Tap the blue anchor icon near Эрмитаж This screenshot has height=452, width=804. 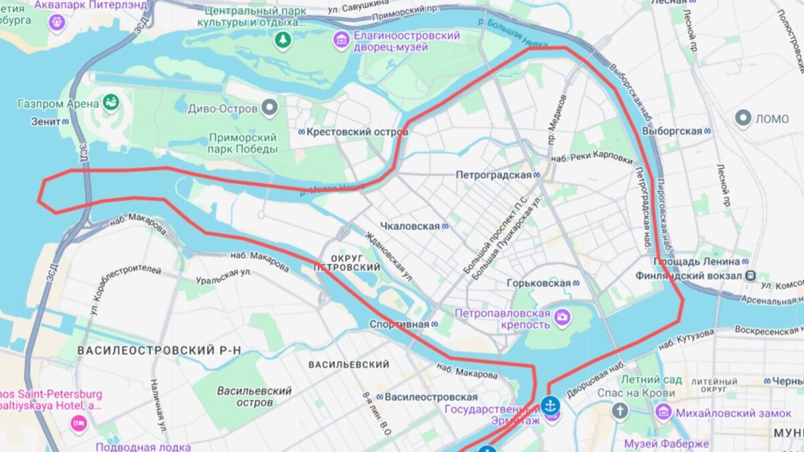click(550, 405)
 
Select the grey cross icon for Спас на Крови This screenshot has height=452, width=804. click(620, 410)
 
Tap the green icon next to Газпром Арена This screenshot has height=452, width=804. click(111, 103)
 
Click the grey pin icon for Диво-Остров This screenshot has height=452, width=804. click(269, 107)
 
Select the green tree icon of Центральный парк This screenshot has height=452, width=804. click(283, 40)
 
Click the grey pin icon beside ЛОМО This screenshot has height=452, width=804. click(743, 119)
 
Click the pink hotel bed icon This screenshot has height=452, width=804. click(79, 423)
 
